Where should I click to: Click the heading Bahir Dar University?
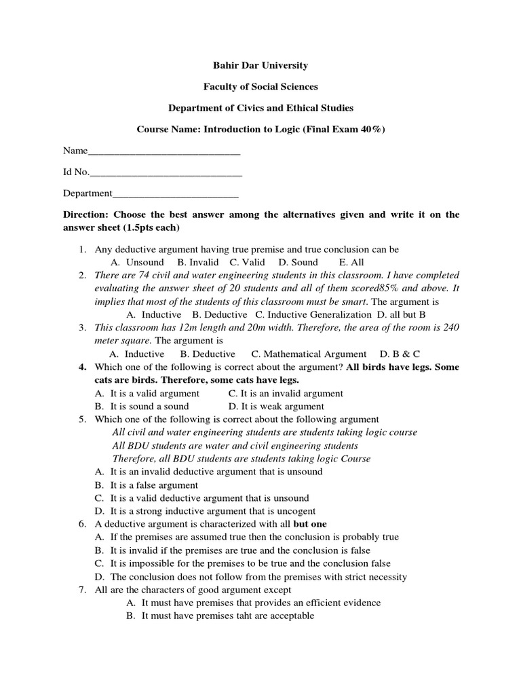pos(260,66)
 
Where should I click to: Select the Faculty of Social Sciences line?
pos(260,87)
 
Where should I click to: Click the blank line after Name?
pos(164,151)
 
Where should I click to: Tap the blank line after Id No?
pos(166,172)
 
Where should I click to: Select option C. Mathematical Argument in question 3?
pos(309,354)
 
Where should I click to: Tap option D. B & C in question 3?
pos(401,354)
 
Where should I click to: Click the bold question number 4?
pos(82,367)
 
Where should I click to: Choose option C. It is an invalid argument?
pos(286,394)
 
